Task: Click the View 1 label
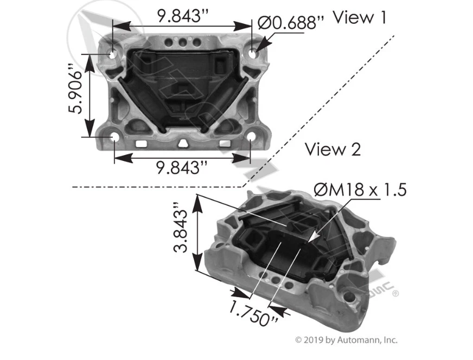(359, 18)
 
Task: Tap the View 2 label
(333, 149)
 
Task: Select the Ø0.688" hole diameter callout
(290, 23)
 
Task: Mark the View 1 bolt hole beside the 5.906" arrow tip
(113, 54)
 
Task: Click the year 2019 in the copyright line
(314, 340)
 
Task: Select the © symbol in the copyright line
(298, 340)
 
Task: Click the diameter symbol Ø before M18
(320, 189)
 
